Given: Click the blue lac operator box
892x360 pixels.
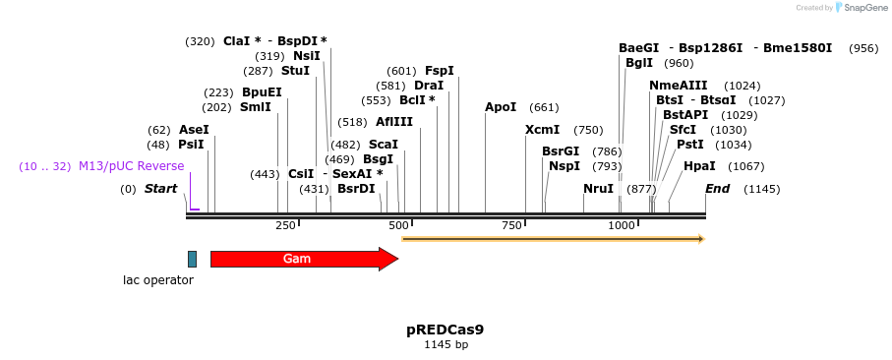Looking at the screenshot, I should [192, 259].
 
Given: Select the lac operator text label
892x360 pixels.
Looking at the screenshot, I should [158, 280].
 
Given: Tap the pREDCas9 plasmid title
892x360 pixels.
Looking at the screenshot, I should [445, 330].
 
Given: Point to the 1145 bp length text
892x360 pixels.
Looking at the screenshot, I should [446, 345].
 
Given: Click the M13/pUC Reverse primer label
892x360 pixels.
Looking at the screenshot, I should [131, 166].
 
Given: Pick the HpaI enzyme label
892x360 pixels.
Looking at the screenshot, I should [699, 166].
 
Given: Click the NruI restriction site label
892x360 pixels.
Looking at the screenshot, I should [598, 188].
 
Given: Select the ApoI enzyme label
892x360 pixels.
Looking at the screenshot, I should [501, 107].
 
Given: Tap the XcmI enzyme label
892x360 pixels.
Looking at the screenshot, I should [542, 130].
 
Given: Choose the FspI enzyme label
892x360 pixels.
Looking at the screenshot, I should [439, 71].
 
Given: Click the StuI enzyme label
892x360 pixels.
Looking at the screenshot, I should [295, 71].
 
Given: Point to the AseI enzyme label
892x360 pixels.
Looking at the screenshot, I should [194, 130].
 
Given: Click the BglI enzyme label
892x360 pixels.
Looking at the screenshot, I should [639, 63].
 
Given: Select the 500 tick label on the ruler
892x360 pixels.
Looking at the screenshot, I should [398, 226].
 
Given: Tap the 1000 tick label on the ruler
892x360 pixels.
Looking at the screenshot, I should [622, 226].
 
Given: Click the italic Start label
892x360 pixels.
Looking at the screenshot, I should [161, 188].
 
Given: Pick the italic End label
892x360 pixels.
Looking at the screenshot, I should [717, 188].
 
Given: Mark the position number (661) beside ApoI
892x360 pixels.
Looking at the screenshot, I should [544, 107].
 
